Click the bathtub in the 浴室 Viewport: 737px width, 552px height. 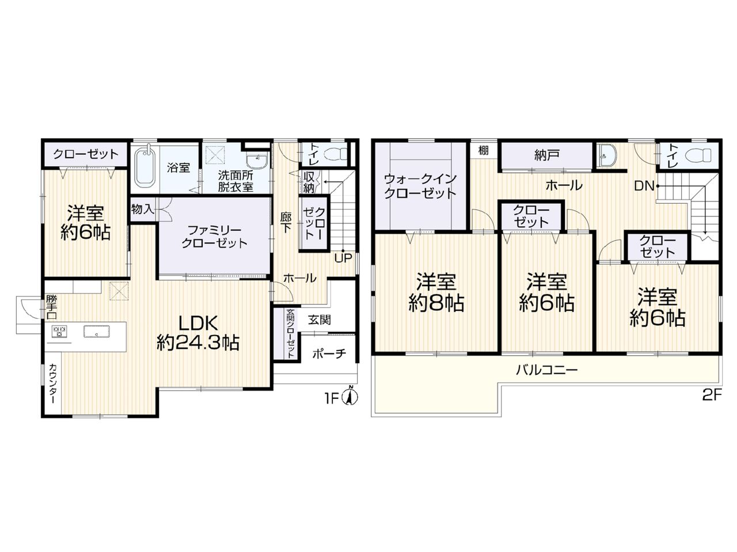pos(145,167)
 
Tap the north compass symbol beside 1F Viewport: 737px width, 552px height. pos(349,396)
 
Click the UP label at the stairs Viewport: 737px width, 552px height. pos(343,258)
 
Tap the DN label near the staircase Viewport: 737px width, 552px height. pos(644,186)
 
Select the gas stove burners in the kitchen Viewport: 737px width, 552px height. pos(59,331)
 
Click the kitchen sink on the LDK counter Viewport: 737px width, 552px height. pos(96,332)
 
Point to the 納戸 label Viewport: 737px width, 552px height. pos(546,155)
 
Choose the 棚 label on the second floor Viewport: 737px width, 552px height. pos(483,150)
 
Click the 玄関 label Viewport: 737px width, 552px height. pos(319,320)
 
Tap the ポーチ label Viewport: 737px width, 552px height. pos(329,353)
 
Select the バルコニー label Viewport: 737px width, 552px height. pos(546,370)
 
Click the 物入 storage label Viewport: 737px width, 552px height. pos(143,209)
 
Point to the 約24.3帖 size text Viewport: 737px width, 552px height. pos(197,342)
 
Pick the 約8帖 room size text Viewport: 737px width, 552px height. pos(436,303)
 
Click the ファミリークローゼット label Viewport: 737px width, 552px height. pos(214,237)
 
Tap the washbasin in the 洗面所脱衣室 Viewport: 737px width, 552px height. pos(257,160)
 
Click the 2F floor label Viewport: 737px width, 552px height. pos(712,395)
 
